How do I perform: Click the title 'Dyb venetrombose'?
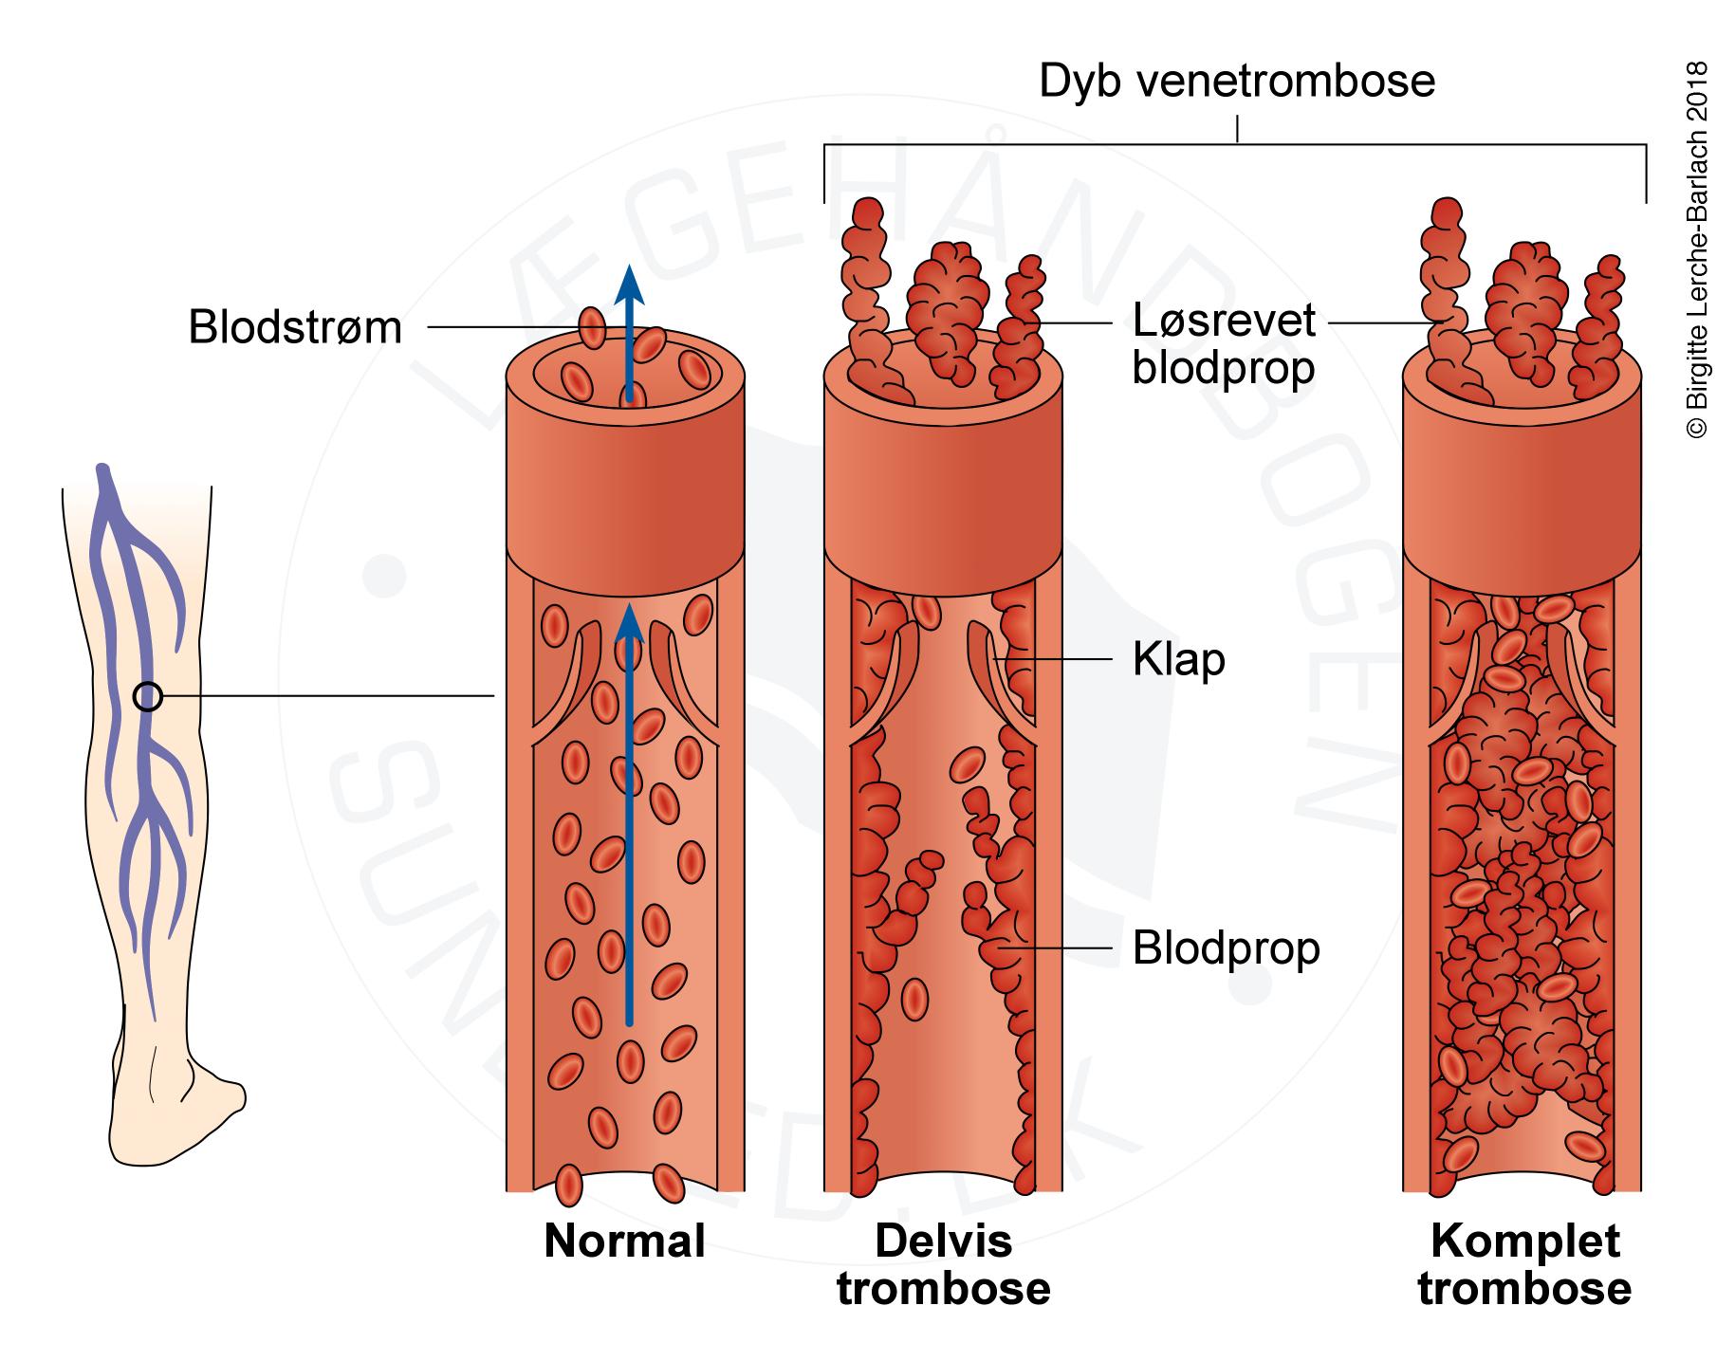(1236, 82)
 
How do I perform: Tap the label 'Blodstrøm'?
(295, 328)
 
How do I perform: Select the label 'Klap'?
(1178, 660)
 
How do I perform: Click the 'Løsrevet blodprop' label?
(1224, 344)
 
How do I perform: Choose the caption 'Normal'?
(624, 1241)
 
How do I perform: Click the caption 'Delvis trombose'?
(943, 1264)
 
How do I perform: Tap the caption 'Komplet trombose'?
(1524, 1264)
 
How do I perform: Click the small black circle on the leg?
(147, 697)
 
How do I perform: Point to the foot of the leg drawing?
(180, 1110)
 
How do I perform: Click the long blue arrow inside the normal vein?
(627, 816)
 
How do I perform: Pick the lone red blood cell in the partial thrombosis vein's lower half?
(914, 999)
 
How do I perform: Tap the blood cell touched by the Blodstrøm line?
(593, 328)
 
